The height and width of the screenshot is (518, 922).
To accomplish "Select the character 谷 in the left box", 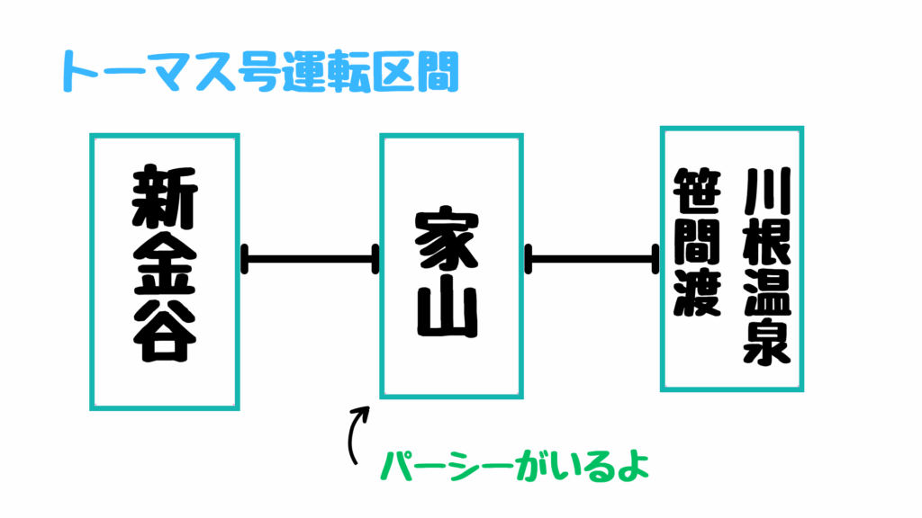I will point(164,332).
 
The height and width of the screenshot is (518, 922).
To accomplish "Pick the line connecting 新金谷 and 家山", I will point(310,260).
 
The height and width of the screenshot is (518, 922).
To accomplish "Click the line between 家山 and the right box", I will point(592,260).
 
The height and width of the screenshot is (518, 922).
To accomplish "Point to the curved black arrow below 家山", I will point(357,433).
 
